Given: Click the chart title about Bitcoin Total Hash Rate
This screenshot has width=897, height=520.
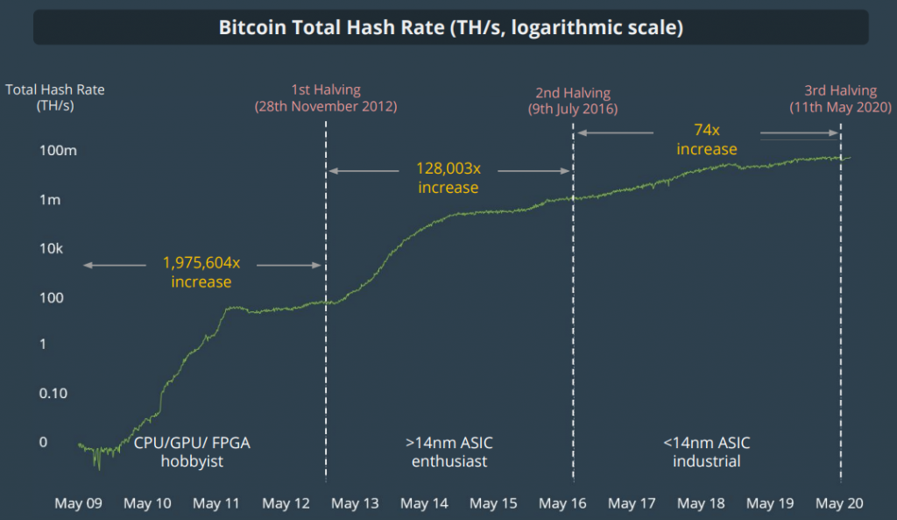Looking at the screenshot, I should point(450,27).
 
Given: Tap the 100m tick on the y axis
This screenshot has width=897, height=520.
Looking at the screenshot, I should point(58,151).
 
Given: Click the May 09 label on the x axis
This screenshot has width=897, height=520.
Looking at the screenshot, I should point(78,503).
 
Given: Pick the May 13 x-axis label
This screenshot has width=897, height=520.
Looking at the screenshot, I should point(356,503).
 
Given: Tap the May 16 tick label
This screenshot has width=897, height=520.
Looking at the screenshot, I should point(563,503).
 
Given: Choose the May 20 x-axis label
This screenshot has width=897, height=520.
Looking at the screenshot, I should point(840,503).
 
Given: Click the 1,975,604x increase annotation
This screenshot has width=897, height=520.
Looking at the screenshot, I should point(201,272).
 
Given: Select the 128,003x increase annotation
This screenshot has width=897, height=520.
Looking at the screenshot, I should point(448,177).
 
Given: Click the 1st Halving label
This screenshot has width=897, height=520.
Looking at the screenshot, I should point(326,90).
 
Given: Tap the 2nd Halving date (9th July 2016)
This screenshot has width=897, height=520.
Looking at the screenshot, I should point(573,110).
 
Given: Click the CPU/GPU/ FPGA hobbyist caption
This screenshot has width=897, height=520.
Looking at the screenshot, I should point(192,452).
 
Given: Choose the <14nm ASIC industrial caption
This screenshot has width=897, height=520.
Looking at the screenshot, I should point(707,452).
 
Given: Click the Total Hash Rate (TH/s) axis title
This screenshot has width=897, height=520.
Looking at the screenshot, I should point(55,97).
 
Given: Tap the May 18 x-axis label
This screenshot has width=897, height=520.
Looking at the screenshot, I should point(701,503).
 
